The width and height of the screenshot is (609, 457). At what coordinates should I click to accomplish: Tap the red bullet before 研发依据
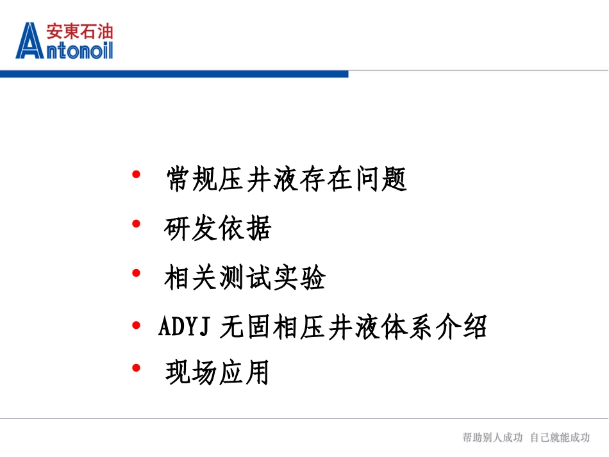[135, 224]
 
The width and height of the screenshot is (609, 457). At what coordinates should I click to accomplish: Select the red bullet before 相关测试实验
[135, 274]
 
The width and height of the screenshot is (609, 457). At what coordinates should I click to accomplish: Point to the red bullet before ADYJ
[135, 325]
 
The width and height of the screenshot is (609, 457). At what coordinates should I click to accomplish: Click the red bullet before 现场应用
[135, 368]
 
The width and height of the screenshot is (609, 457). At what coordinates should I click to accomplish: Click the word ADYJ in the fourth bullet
[185, 328]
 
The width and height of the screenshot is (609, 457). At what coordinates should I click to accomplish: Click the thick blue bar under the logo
[174, 74]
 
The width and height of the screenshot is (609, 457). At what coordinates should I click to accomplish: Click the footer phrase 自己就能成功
[560, 437]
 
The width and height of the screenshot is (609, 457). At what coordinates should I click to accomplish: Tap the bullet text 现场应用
[217, 373]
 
